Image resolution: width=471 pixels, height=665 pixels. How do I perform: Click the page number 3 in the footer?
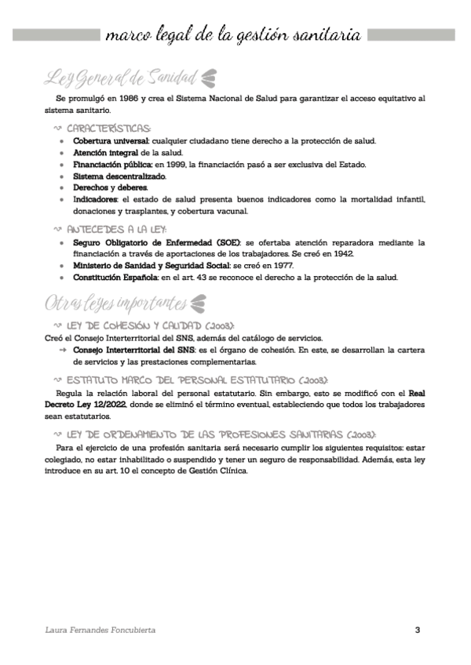point(418,630)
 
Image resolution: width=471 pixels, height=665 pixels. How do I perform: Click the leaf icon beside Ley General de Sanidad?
point(210,77)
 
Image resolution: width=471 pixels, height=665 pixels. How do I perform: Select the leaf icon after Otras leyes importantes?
point(198,302)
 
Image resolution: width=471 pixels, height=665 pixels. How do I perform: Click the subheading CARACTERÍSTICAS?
point(110,128)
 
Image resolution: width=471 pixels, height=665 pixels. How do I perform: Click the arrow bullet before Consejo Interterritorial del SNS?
point(62,350)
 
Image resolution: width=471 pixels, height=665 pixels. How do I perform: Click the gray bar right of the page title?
point(411,35)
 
